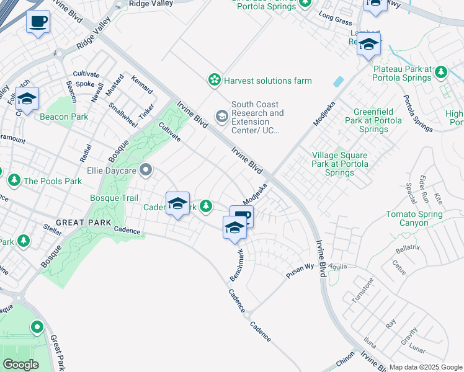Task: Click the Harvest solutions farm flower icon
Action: point(214,80)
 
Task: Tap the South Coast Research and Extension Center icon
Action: point(221,116)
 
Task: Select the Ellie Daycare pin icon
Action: point(146,169)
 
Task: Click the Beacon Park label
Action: point(64,117)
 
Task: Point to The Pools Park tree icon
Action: point(14,180)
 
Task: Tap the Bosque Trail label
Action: point(114,198)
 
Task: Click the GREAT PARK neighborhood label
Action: point(83,222)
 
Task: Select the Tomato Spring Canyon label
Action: point(414,218)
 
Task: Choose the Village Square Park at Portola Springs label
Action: point(339,164)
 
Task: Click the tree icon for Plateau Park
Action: point(441,73)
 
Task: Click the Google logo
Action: point(20,365)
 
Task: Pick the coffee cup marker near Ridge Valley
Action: point(38,22)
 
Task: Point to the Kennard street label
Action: point(142,84)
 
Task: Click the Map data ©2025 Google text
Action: point(426,367)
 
